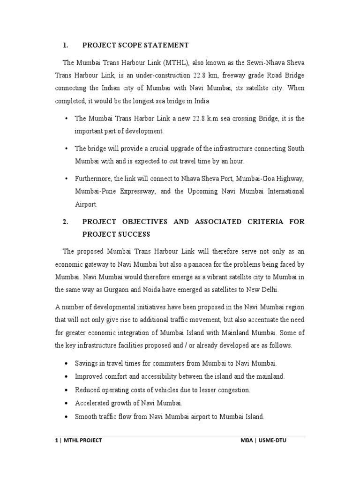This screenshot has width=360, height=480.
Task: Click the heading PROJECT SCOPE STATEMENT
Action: (x=135, y=45)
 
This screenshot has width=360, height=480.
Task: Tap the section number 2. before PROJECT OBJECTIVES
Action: (x=66, y=222)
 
